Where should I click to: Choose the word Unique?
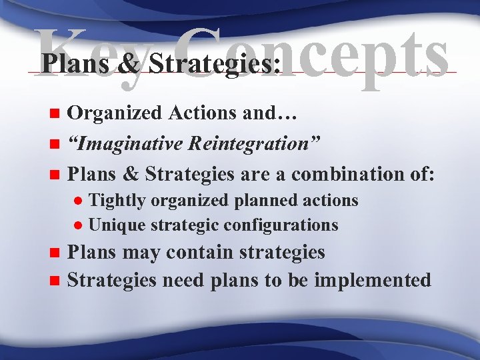[x=113, y=225]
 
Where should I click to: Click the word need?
[x=179, y=280]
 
